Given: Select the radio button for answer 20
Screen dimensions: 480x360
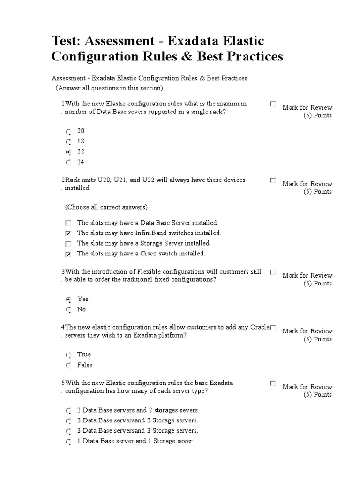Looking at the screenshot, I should pos(68,131).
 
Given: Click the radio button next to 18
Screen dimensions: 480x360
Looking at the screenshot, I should pos(68,142).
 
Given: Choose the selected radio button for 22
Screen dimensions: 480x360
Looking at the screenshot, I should pos(68,152).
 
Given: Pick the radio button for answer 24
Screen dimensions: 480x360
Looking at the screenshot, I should pos(68,163).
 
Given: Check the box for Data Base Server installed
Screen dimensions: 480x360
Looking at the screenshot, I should pos(68,223).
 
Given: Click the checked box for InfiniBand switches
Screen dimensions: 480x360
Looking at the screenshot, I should pos(68,233).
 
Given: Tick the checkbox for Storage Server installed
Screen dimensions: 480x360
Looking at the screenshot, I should pos(68,244).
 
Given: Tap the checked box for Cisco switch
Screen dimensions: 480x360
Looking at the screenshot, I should pos(68,254).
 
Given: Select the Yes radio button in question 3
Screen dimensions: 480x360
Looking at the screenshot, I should pos(68,299).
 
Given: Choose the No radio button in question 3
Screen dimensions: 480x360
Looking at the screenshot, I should pos(68,310).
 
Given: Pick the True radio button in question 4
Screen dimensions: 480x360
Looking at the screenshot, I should pos(68,355).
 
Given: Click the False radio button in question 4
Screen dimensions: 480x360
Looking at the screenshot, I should pos(68,365).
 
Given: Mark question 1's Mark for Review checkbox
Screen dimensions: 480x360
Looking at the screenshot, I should pos(273,104).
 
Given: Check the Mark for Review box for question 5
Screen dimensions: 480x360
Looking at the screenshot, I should pos(273,383).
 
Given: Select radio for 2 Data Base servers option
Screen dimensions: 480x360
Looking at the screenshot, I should pos(68,410).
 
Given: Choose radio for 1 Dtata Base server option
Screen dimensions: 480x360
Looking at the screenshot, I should pos(68,442).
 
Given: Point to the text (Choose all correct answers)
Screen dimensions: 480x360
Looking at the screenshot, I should pos(106,207).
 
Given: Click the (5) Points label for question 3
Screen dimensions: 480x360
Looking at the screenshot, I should pos(317,283).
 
